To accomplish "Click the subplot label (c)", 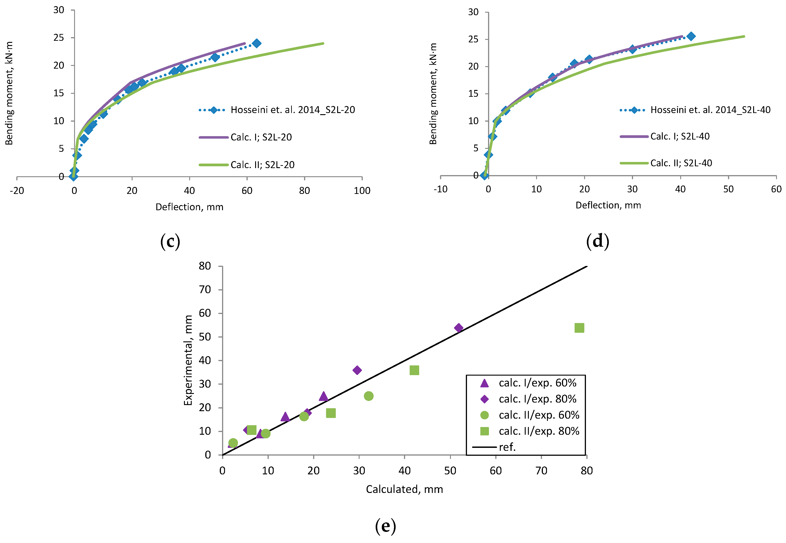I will pyautogui.click(x=170, y=241).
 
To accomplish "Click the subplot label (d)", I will pyautogui.click(x=597, y=241).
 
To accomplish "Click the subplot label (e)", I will pyautogui.click(x=385, y=526).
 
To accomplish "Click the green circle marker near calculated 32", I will pyautogui.click(x=368, y=396).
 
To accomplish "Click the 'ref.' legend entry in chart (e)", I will pyautogui.click(x=507, y=447).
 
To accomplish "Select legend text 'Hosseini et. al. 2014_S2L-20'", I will pyautogui.click(x=293, y=110).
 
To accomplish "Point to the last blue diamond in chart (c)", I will pyautogui.click(x=257, y=43).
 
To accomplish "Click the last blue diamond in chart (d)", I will pyautogui.click(x=691, y=36).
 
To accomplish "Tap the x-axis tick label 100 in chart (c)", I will pyautogui.click(x=362, y=191).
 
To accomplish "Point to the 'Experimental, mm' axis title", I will pyautogui.click(x=188, y=360).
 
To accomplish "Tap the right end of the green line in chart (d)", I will pyautogui.click(x=744, y=36).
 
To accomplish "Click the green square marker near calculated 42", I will pyautogui.click(x=414, y=370).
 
